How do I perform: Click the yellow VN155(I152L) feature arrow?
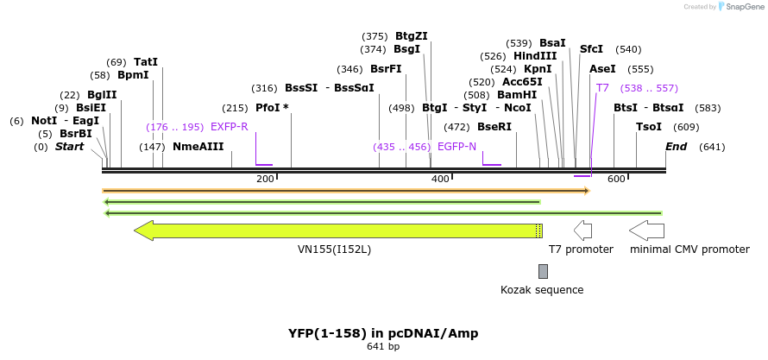337,231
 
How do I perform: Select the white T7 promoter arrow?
582,231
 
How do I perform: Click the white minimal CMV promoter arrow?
646,231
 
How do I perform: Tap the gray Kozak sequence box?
543,271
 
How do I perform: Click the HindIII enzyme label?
535,56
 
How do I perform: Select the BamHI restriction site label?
517,95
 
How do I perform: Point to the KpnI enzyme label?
538,69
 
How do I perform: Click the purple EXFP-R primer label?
229,127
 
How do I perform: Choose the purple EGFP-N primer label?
456,147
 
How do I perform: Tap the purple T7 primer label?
602,88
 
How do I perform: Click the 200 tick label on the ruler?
265,179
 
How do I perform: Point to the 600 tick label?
616,179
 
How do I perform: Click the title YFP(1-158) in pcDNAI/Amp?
383,333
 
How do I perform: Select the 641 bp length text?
383,347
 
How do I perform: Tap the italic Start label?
70,147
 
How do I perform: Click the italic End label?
676,147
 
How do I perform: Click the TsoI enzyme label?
649,127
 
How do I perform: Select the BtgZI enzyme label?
412,36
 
